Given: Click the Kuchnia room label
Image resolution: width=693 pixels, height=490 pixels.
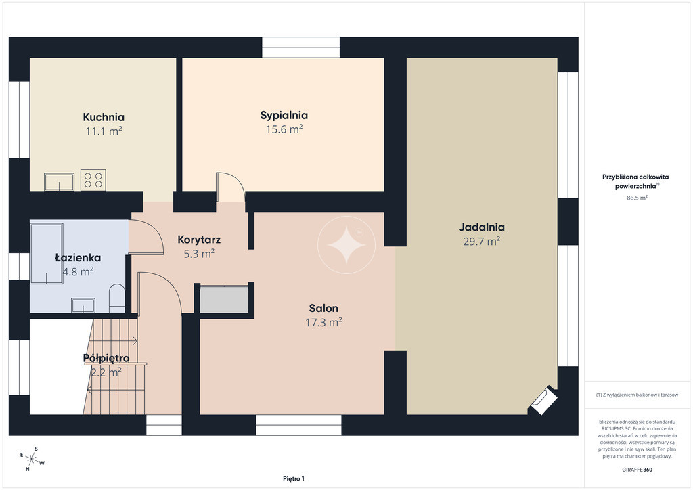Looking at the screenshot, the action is coord(104,117).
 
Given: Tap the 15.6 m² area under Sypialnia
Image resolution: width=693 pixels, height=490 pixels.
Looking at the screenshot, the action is coord(284,129).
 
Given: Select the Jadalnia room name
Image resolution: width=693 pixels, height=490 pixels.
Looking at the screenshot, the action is coord(481,227).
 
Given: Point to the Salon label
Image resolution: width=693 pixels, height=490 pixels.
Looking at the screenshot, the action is coord(323,308).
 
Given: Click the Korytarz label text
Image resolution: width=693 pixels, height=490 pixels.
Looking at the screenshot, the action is coord(199,240).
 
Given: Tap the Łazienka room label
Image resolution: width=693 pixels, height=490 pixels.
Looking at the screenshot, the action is coord(78,258).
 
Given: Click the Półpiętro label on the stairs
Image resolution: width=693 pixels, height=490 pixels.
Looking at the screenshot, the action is coord(106,358).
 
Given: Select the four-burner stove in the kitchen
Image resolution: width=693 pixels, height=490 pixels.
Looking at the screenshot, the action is coord(93,180).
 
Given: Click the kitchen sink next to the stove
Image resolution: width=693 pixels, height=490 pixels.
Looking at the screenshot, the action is coord(60,182).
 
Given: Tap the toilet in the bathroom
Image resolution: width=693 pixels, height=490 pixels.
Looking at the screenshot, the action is coord(117,298).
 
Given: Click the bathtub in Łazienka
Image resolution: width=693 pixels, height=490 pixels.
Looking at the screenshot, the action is coord(47,253).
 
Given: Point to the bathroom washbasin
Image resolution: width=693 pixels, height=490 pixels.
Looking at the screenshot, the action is coord(83,305).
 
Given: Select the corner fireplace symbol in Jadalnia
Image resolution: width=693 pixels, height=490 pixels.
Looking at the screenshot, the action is coord(543,401).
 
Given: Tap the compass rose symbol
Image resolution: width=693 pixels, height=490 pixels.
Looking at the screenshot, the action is coord(32,459).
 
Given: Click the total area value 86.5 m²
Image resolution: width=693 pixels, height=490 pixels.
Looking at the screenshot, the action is coord(637,198).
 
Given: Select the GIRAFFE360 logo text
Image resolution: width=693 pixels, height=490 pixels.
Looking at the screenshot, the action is coord(637,470).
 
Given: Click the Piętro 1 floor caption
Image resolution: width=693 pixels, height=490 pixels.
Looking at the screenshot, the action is coord(294,478).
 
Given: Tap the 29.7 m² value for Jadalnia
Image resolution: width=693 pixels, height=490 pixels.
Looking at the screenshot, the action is coord(481,241).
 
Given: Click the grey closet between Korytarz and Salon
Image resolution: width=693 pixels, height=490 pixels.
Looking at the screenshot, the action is coord(224,300).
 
